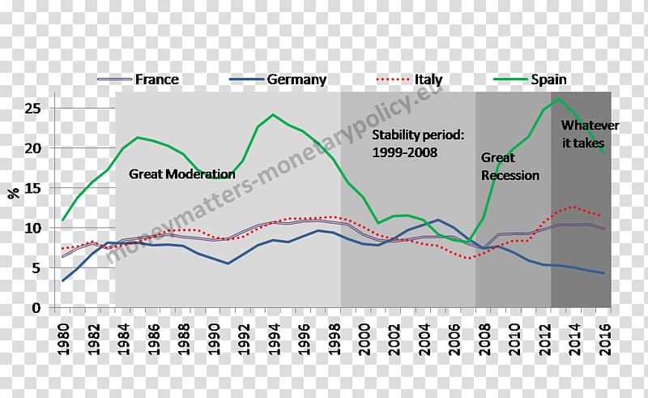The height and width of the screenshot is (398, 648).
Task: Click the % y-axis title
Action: pos(13,192)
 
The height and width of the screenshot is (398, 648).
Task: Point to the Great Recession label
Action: pos(509,166)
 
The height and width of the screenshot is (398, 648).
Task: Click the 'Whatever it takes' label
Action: pos(590,134)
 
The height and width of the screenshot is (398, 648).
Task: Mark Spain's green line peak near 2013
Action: pos(558,99)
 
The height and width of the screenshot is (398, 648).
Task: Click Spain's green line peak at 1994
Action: pos(273,114)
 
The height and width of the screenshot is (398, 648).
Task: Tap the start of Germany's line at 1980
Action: pos(63,281)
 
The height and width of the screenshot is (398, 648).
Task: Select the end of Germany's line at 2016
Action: pos(603,273)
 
